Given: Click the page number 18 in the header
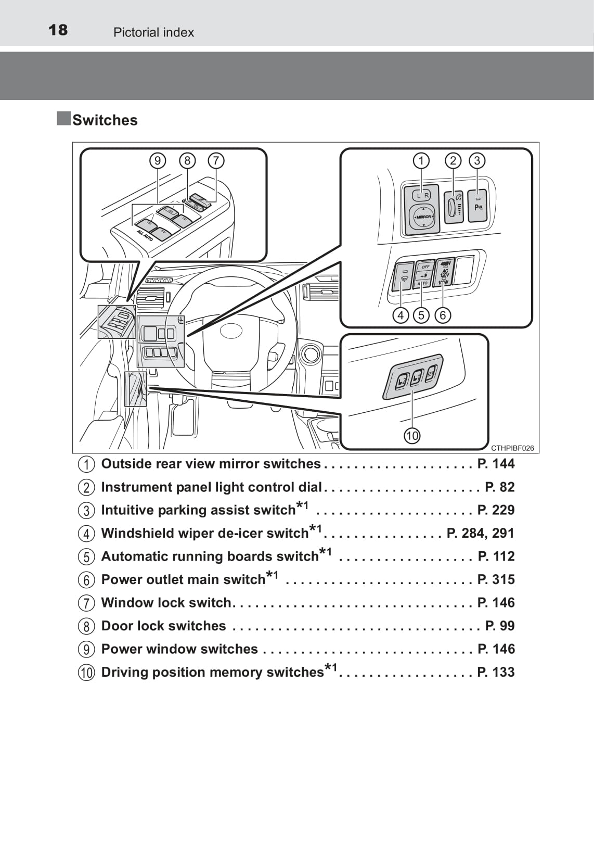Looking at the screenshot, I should pyautogui.click(x=58, y=30).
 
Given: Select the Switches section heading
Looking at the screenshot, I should pyautogui.click(x=105, y=120).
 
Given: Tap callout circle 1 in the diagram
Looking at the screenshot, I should pyautogui.click(x=421, y=160).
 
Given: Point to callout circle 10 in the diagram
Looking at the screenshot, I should pyautogui.click(x=412, y=435).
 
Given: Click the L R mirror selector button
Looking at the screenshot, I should pyautogui.click(x=422, y=195).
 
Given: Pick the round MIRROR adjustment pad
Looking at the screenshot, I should pyautogui.click(x=423, y=217).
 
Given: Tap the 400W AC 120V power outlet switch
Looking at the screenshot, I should pyautogui.click(x=445, y=272).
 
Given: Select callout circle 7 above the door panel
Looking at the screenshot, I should pyautogui.click(x=216, y=160).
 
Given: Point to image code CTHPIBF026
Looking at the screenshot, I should pyautogui.click(x=512, y=448).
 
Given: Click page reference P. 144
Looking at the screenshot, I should pyautogui.click(x=496, y=463).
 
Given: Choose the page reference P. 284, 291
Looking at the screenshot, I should pyautogui.click(x=480, y=533).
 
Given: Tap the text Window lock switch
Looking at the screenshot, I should pyautogui.click(x=166, y=602).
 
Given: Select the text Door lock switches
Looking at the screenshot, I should pyautogui.click(x=163, y=626).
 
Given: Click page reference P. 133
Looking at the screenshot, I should pyautogui.click(x=496, y=672).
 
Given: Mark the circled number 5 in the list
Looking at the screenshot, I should pyautogui.click(x=86, y=556).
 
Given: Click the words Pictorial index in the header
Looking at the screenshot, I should pyautogui.click(x=153, y=32).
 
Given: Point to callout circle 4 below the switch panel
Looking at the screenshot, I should pyautogui.click(x=401, y=315).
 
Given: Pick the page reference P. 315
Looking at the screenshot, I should pyautogui.click(x=496, y=579).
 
